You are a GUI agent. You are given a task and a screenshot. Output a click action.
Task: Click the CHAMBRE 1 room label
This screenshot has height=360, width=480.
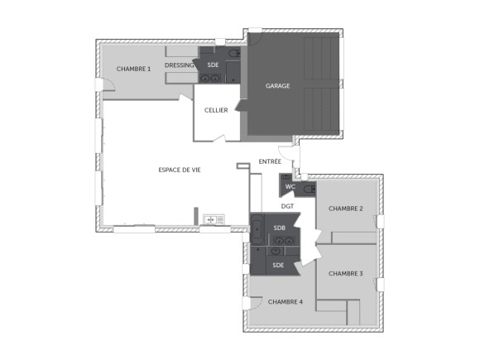[x=133, y=69]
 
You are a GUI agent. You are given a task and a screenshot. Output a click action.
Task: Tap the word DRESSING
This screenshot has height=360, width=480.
[x=180, y=65]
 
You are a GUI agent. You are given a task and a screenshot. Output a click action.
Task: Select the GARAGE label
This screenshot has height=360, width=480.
[x=277, y=85]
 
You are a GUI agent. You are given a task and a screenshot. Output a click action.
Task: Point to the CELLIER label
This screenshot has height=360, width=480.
[x=216, y=110]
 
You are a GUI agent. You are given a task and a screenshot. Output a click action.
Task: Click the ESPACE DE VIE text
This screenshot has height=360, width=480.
[x=180, y=170]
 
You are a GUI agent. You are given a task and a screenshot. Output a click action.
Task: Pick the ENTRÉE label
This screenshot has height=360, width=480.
[x=270, y=161]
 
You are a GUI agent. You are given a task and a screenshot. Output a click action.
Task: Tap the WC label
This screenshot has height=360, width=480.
[x=290, y=186]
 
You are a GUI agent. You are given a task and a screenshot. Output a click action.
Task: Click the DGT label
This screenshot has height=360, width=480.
[x=287, y=206]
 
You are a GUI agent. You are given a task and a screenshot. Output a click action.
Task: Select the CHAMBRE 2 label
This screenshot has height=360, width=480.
[x=345, y=209]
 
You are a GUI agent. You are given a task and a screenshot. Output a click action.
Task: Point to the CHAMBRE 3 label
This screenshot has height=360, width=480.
[x=345, y=273]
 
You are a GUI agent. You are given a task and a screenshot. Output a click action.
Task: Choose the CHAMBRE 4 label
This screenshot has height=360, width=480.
[x=285, y=302]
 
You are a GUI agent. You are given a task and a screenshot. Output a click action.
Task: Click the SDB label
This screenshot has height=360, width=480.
[x=280, y=228]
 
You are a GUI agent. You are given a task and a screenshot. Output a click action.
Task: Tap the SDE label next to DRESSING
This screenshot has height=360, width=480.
[x=213, y=65]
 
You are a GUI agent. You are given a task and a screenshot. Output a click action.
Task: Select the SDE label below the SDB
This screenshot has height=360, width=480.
[x=278, y=265]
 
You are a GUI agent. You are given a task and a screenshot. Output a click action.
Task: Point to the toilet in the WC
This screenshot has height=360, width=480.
[x=309, y=190]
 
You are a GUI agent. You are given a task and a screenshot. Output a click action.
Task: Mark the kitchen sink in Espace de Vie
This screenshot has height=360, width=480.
[x=214, y=219]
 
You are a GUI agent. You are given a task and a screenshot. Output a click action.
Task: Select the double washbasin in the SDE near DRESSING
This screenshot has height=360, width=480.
[x=210, y=79]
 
